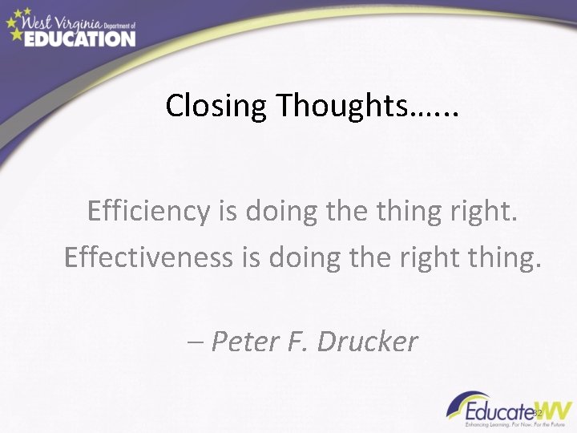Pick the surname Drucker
pyautogui.click(x=368, y=342)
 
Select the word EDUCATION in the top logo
pyautogui.click(x=79, y=38)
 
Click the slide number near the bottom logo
pyautogui.click(x=539, y=412)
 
